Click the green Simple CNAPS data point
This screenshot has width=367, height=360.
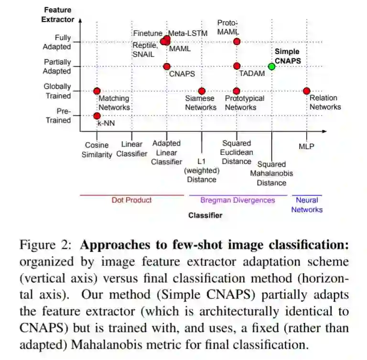[271, 66]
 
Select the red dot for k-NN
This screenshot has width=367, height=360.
[97, 116]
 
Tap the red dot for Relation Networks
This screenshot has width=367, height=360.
[306, 91]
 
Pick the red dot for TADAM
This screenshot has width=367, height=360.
[237, 66]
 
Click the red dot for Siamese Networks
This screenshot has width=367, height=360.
[202, 91]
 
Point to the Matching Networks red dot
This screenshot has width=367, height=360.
[97, 91]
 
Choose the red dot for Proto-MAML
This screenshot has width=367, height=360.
[237, 42]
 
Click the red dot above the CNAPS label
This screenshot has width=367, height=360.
[167, 66]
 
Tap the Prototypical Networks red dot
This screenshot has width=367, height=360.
[237, 91]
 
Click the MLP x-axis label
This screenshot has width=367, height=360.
[306, 146]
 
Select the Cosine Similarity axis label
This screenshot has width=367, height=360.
[97, 149]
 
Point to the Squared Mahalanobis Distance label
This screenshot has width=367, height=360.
[271, 173]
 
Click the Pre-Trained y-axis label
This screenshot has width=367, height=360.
[58, 116]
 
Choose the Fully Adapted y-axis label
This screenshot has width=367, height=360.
[57, 42]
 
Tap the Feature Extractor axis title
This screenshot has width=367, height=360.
[58, 14]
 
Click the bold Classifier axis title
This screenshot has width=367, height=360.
[205, 215]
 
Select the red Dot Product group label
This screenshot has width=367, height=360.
[131, 200]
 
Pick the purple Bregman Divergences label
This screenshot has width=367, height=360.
[237, 200]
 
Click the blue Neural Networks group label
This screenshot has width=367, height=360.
[307, 205]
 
